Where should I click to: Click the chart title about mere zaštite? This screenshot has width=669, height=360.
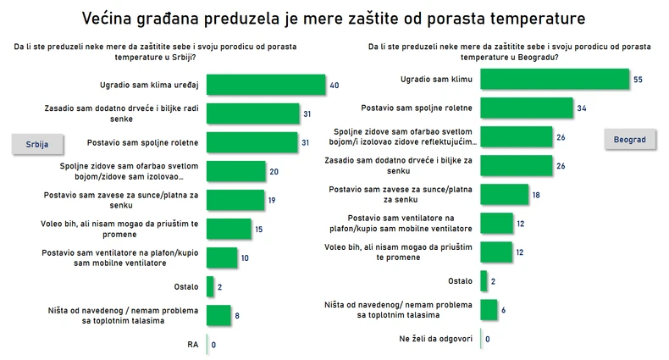coord(334,17)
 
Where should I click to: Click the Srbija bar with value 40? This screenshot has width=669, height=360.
coord(266,85)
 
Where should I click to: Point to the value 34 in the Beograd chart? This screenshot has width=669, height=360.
coord(582,108)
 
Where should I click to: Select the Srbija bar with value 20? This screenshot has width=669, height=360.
coord(236,171)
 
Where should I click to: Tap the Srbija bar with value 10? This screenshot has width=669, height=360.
coord(222,258)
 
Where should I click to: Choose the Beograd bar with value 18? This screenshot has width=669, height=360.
coord(504,194)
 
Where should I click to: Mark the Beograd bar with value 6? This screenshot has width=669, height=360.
coord(489,309)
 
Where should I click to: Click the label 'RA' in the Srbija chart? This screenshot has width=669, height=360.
coord(193,344)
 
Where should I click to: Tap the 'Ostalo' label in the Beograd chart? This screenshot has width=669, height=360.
coord(459,280)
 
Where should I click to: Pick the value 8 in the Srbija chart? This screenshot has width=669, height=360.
coord(237,314)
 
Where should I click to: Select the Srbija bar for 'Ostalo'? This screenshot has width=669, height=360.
coord(210,285)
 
